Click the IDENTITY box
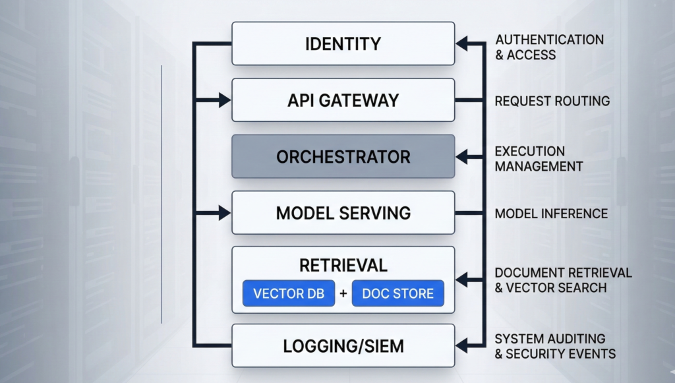point(343,44)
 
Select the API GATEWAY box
point(343,100)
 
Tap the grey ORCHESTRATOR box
point(343,156)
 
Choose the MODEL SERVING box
point(343,213)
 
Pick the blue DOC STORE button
point(397,294)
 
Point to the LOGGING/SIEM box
point(343,345)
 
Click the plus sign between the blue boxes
point(343,294)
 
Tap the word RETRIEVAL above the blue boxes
point(343,265)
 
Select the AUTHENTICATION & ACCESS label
point(549,47)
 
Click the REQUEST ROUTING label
point(552,101)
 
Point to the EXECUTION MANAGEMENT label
point(539,159)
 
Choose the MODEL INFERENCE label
point(551,213)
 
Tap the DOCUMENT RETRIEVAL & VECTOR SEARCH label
point(563,280)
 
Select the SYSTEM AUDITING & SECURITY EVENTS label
point(555,346)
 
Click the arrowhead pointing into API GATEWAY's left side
point(225,100)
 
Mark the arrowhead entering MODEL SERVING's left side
point(225,213)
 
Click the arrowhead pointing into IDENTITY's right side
point(462,44)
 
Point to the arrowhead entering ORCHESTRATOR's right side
point(462,156)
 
